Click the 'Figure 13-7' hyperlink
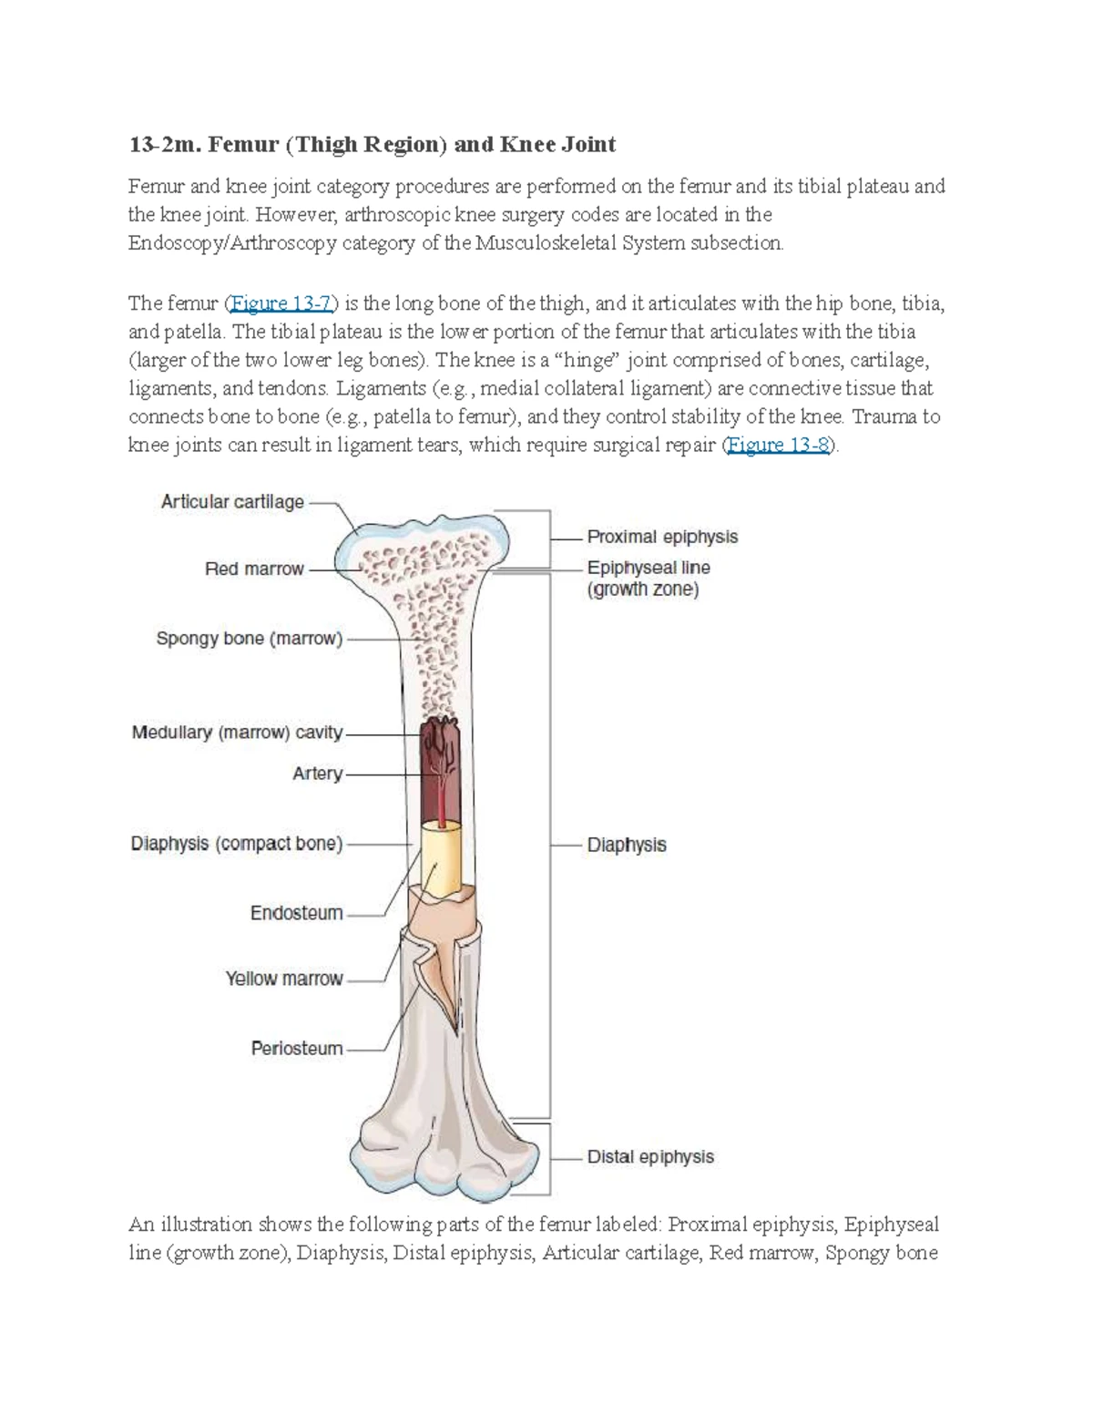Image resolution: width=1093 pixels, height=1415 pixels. click(x=281, y=303)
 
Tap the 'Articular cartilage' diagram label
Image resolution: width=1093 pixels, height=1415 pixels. click(x=232, y=502)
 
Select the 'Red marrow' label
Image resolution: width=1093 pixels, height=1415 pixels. click(x=254, y=569)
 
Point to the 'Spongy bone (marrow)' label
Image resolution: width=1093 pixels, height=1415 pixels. click(x=249, y=639)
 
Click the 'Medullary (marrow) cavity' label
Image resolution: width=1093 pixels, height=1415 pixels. click(x=237, y=733)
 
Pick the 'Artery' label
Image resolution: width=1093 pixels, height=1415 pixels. click(x=317, y=774)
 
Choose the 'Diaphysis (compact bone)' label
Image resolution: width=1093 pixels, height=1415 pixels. click(x=237, y=844)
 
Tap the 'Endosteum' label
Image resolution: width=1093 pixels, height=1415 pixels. click(x=296, y=913)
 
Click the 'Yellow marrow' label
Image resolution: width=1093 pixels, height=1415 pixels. click(x=284, y=979)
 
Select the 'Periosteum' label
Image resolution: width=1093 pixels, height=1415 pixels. click(x=297, y=1049)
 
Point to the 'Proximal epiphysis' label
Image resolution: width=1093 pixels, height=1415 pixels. click(x=662, y=538)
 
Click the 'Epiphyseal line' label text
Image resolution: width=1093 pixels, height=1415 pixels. click(x=649, y=568)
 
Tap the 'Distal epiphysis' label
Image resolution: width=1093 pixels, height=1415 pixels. click(x=650, y=1157)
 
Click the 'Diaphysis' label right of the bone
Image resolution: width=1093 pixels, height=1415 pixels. click(x=627, y=846)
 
